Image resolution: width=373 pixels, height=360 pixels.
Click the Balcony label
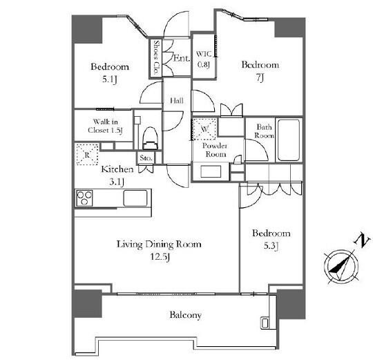(186, 315)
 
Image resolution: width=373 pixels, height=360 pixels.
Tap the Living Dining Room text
(159, 244)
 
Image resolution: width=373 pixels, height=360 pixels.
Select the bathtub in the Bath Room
(289, 140)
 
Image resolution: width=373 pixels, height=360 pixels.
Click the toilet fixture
(150, 138)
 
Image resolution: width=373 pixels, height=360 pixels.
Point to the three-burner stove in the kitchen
(84, 198)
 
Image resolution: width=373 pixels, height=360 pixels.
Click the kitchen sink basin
(135, 198)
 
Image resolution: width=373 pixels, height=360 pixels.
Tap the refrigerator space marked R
(87, 154)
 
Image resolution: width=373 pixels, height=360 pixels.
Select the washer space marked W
(204, 129)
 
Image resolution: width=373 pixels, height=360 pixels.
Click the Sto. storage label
(146, 158)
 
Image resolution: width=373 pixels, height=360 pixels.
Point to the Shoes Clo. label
(156, 57)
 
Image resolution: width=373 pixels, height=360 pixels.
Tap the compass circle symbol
(342, 267)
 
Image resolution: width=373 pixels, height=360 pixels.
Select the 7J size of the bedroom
(260, 77)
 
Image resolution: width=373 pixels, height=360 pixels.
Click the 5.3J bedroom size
(271, 245)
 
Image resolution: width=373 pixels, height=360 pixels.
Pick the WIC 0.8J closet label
(204, 59)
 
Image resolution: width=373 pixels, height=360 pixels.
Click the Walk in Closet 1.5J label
(105, 126)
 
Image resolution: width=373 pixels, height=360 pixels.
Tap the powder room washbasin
(211, 171)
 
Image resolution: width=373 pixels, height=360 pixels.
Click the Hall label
(177, 101)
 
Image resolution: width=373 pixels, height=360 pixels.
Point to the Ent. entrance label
(182, 58)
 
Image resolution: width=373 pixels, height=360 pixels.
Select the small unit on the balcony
(265, 323)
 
